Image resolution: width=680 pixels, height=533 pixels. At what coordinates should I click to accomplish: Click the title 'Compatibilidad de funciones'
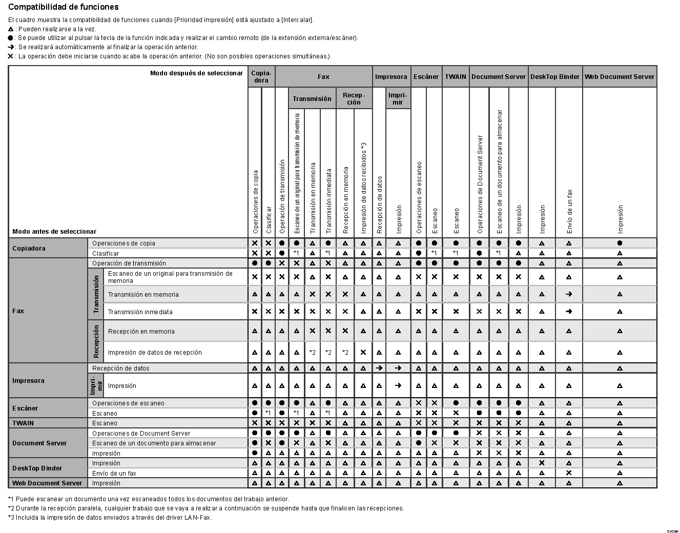click(63, 7)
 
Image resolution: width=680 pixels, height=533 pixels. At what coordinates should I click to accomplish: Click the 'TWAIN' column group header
click(456, 77)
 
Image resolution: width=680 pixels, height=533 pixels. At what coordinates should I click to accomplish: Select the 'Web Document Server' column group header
click(619, 77)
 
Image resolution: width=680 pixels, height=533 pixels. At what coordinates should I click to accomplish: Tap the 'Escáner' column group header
click(426, 77)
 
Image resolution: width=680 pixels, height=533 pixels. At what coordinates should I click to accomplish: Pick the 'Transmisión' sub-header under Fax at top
click(312, 98)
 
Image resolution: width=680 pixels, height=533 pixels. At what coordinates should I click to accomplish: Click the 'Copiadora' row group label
click(29, 249)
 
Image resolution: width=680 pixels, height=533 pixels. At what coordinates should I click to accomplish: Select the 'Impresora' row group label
click(28, 381)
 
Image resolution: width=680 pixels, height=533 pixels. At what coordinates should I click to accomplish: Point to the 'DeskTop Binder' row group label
click(37, 468)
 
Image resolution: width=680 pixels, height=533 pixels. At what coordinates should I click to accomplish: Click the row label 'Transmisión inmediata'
click(140, 312)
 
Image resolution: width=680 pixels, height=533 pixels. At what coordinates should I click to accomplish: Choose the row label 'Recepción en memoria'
click(141, 332)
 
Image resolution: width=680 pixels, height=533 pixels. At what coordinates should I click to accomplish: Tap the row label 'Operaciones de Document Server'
click(141, 434)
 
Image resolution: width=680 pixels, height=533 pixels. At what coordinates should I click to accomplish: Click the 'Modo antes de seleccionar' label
click(54, 232)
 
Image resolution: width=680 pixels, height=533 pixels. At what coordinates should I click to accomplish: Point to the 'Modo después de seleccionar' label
click(196, 73)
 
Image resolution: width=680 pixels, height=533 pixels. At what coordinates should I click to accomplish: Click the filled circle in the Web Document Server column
click(620, 243)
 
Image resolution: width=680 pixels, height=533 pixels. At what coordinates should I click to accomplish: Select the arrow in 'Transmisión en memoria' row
click(569, 295)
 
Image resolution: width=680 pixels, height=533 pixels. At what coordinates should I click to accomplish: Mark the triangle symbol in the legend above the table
click(11, 29)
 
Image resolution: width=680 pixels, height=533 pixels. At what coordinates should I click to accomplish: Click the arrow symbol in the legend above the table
click(11, 47)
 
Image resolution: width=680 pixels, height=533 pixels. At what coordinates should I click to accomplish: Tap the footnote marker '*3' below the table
click(11, 518)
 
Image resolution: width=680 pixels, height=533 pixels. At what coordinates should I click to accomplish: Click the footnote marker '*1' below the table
click(11, 499)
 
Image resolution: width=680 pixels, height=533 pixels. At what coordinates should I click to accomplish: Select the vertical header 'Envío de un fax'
click(569, 211)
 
